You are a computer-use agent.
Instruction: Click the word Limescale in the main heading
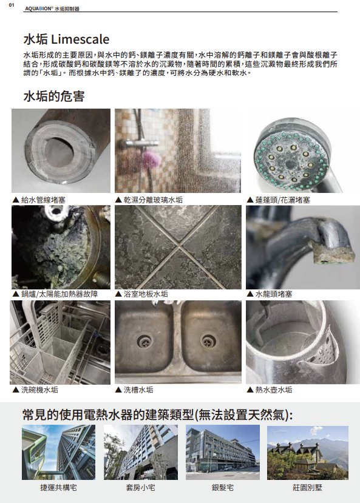pyautogui.click(x=80, y=39)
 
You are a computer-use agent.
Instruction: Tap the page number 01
pyautogui.click(x=12, y=5)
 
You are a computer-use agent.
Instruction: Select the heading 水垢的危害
pyautogui.click(x=54, y=96)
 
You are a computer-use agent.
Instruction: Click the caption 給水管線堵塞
pyautogui.click(x=43, y=200)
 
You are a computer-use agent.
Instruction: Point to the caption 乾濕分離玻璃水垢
pyautogui.click(x=153, y=200)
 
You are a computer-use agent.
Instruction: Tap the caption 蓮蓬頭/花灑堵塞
pyautogui.click(x=282, y=200)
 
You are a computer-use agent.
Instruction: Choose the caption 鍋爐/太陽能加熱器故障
pyautogui.click(x=59, y=294)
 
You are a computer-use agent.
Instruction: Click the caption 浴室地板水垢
pyautogui.click(x=146, y=294)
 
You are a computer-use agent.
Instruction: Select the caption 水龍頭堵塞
pyautogui.click(x=274, y=294)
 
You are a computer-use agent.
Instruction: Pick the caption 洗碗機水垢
pyautogui.click(x=40, y=390)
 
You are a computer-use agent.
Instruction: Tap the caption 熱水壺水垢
pyautogui.click(x=274, y=390)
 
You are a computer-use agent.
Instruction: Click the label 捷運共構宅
pyautogui.click(x=58, y=488)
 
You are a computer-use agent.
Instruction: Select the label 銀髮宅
pyautogui.click(x=223, y=488)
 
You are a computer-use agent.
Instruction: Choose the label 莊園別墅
pyautogui.click(x=307, y=488)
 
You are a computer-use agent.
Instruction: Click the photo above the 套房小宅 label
pyautogui.click(x=140, y=452)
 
